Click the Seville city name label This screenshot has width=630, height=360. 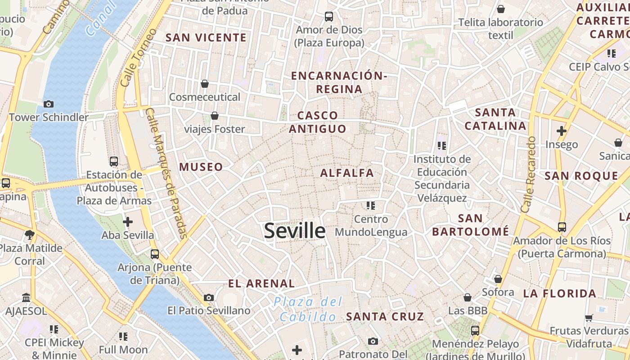coord(295,231)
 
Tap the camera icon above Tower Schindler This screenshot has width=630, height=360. coord(49,104)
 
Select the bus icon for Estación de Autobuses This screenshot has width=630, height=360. coord(114,161)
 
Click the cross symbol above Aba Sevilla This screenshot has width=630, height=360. coord(128,221)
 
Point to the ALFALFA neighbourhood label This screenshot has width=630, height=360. coord(347,173)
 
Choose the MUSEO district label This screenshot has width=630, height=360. coord(201,167)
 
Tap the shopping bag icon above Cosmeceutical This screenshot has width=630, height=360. coord(205,84)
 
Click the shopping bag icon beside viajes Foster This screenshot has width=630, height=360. coord(215,116)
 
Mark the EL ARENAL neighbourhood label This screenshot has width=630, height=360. coord(261,283)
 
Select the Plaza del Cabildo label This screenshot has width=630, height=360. coord(308,309)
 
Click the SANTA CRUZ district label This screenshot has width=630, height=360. coord(385,316)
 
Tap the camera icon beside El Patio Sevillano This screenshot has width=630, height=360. coord(209,297)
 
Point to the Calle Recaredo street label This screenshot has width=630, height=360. coord(528,175)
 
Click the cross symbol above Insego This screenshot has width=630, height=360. coord(561,131)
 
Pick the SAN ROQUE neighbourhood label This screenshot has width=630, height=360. coord(581,176)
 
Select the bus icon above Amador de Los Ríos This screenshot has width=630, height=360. coord(562,227)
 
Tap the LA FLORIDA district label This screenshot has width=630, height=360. coord(560,294)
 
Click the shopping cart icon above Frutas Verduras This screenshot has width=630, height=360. coord(589,318)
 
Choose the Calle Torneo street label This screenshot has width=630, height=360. coord(139,58)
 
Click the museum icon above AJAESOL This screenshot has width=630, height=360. coord(26,297)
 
